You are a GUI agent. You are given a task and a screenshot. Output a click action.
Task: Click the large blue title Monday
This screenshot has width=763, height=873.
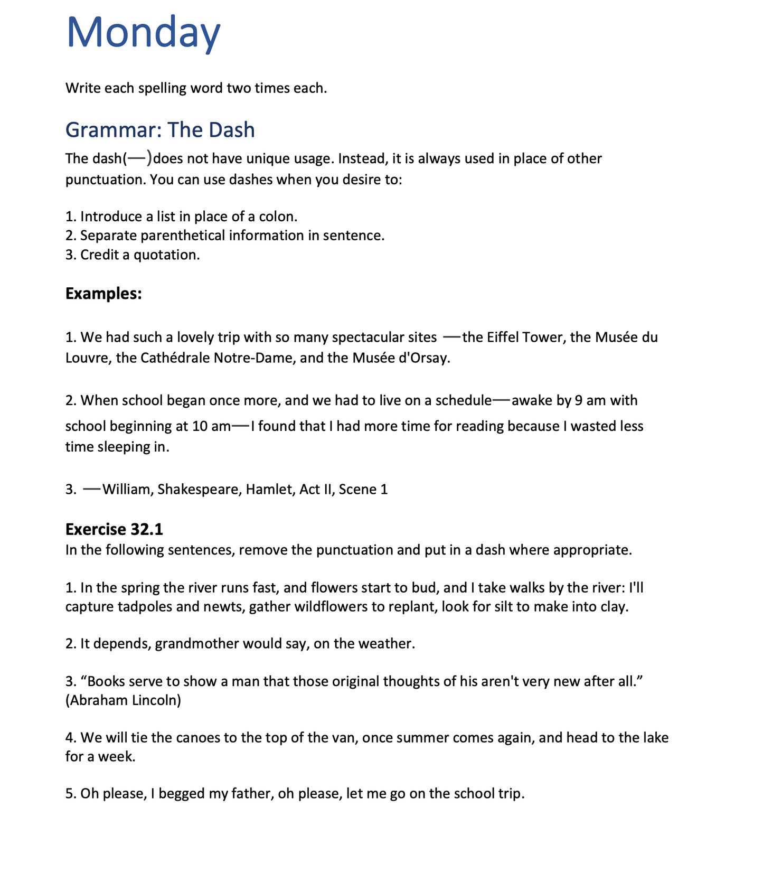click(143, 33)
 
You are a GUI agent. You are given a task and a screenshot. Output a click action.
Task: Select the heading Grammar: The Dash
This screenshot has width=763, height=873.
click(160, 130)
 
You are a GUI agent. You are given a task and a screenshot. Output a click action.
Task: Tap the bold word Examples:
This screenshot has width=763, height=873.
click(103, 294)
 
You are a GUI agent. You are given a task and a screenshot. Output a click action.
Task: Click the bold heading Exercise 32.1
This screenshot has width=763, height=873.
click(114, 529)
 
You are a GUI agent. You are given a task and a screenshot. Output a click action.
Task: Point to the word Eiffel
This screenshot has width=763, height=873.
click(503, 337)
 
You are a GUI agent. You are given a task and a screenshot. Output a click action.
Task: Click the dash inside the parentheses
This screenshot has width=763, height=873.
click(136, 157)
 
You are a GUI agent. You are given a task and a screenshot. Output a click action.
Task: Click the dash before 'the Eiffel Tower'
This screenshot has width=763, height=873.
click(452, 336)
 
